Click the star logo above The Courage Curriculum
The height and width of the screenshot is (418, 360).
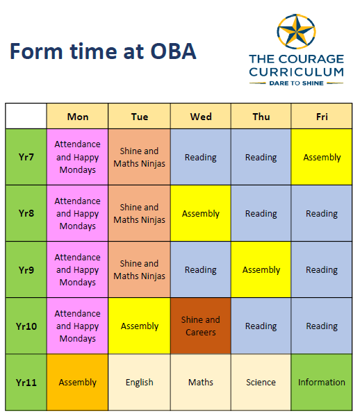(296, 31)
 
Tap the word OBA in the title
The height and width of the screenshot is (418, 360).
(174, 51)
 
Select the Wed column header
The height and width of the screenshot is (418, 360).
(201, 116)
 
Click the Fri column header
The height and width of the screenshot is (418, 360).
(322, 116)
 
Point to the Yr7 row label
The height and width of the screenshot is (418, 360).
(26, 157)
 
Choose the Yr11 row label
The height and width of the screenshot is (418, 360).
(26, 383)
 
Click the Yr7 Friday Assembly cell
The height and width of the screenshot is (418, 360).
(322, 157)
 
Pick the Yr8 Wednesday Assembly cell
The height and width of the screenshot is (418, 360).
(201, 213)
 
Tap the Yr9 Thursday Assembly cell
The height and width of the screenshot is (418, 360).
(261, 269)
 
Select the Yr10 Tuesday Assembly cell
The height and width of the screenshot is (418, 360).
(139, 326)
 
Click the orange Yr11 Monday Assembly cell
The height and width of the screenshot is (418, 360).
(77, 383)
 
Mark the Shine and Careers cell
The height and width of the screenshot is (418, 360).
(201, 326)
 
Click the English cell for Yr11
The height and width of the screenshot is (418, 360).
(139, 383)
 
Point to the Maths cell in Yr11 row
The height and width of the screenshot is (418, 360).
(201, 383)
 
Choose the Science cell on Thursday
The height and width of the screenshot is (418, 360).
(261, 383)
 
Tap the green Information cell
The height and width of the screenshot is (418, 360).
(322, 383)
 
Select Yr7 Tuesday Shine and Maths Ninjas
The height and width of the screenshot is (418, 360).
(139, 157)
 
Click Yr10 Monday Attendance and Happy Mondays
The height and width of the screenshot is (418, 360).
(77, 326)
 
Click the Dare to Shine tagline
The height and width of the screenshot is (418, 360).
(296, 83)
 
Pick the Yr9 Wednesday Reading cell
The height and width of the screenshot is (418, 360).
(201, 269)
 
